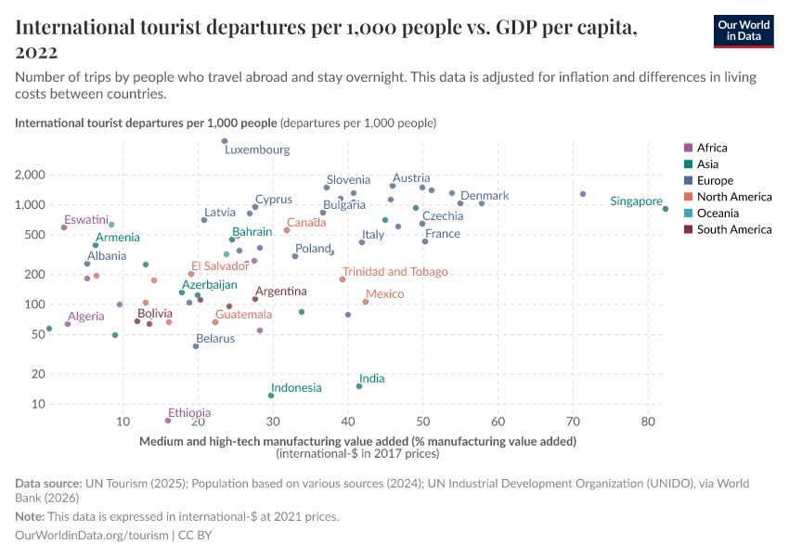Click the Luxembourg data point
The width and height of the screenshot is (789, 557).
[225, 141]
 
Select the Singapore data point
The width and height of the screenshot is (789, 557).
[666, 209]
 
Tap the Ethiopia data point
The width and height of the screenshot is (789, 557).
[168, 421]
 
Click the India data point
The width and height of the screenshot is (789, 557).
[359, 386]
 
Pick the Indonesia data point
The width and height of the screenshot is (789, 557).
[271, 395]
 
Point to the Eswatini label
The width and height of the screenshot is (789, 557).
[86, 220]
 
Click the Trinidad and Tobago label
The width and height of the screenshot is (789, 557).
[395, 272]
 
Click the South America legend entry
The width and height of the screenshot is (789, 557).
[733, 229]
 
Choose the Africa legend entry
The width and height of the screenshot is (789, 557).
[712, 148]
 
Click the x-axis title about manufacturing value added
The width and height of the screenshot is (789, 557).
[358, 441]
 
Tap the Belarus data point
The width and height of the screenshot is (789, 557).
[196, 346]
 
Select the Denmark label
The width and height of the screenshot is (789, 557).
[485, 196]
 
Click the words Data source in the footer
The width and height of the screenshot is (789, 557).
[48, 484]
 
